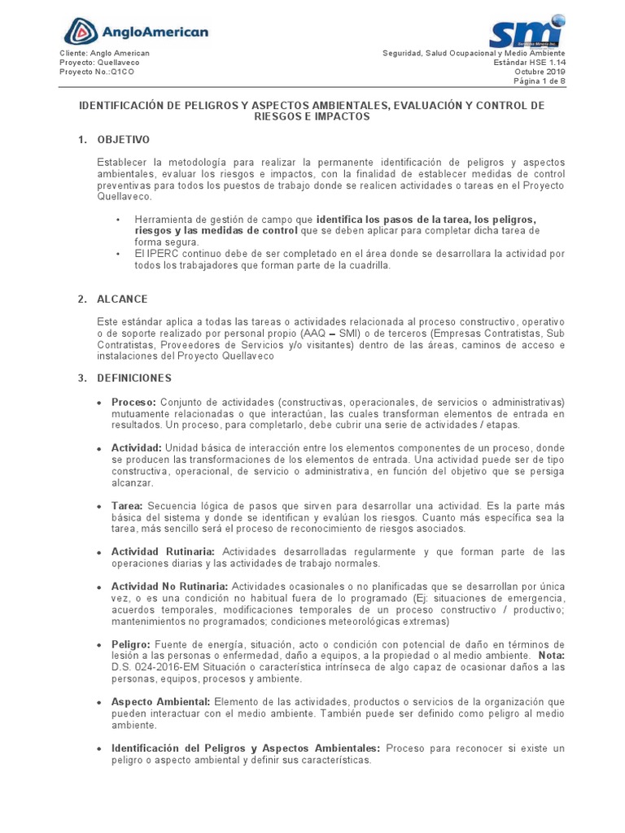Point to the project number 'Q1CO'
pyautogui.click(x=123, y=72)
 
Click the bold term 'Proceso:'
pyautogui.click(x=134, y=403)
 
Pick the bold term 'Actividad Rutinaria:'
pyautogui.click(x=163, y=552)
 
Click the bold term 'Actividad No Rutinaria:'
pyautogui.click(x=170, y=587)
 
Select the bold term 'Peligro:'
pyautogui.click(x=133, y=643)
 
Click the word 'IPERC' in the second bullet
pyautogui.click(x=161, y=254)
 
